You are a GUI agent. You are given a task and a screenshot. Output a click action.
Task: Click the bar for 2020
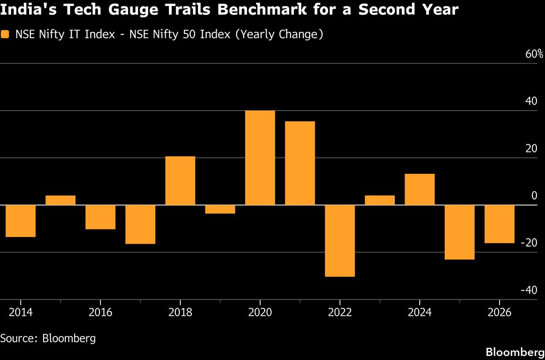click(260, 158)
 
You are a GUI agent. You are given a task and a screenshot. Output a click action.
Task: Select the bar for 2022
click(340, 241)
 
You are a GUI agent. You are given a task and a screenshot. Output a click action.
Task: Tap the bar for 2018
click(180, 181)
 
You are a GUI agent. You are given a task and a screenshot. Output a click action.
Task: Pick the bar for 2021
click(300, 163)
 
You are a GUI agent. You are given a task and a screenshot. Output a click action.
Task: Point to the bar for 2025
click(460, 232)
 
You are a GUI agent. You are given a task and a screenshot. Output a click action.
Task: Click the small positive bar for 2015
click(60, 200)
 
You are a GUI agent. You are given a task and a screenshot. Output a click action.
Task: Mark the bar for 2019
click(220, 209)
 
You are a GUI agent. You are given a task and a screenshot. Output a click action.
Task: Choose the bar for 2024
click(420, 189)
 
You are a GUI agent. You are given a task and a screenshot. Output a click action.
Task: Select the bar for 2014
click(20, 221)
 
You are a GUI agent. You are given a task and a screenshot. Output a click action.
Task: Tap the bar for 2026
click(500, 224)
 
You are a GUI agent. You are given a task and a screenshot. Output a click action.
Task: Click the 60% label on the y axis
click(534, 54)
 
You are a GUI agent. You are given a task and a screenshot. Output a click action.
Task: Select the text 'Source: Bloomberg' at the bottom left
click(48, 338)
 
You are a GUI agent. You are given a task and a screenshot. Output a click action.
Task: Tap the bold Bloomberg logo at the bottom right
click(515, 352)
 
